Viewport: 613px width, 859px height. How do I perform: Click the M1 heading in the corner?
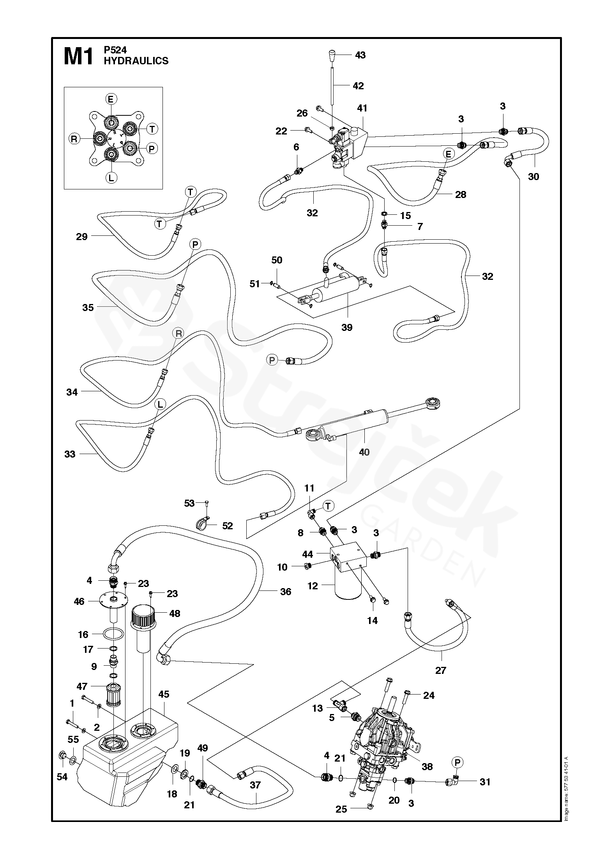[78, 56]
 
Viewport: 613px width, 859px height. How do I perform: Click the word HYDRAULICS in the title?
[136, 61]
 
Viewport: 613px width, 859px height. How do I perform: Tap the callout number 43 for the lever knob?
[360, 55]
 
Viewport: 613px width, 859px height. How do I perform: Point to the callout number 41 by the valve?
[362, 108]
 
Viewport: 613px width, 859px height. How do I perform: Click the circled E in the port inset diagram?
[111, 99]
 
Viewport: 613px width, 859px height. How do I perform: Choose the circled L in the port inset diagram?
[111, 178]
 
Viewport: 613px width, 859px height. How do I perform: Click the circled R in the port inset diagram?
[74, 138]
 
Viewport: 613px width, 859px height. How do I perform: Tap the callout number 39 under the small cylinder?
[346, 327]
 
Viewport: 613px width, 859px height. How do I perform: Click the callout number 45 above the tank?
[164, 694]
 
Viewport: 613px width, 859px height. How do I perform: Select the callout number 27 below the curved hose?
[440, 670]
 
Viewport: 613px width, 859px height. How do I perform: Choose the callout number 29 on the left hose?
[82, 237]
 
